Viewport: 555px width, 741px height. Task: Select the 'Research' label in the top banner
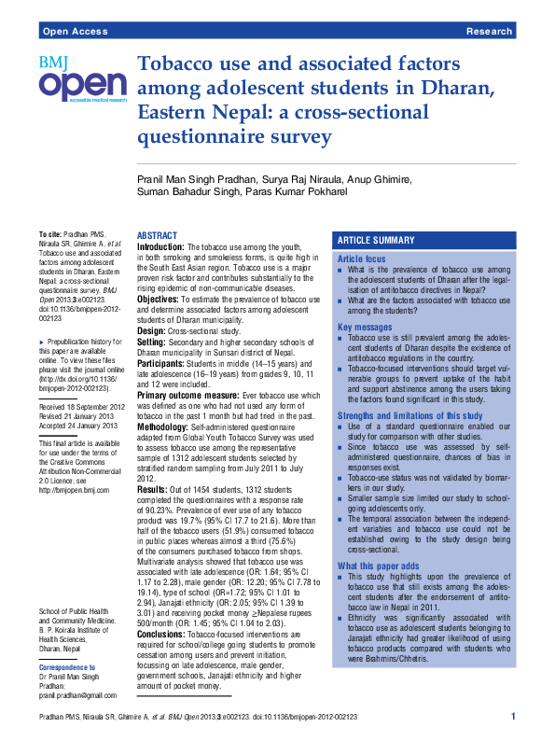pyautogui.click(x=489, y=32)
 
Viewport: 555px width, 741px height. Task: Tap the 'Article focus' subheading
pyautogui.click(x=361, y=258)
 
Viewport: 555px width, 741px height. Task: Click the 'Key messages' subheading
pyautogui.click(x=365, y=328)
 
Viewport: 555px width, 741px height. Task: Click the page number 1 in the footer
pyautogui.click(x=513, y=716)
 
